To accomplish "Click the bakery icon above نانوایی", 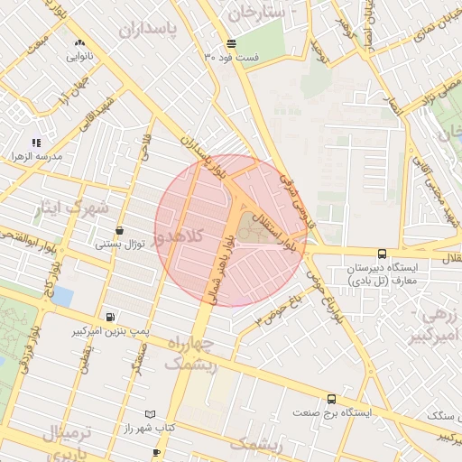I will coord(80,42).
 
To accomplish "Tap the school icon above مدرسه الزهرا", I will coord(37,143).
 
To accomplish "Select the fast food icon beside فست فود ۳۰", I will coord(232,43).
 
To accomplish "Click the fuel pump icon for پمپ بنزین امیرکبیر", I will coord(110,317).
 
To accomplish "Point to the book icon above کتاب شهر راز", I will coord(150,412).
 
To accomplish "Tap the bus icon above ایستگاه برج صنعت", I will coord(331,398).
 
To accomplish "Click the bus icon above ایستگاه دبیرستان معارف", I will coord(382,254).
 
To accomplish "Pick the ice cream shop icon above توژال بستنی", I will coord(120,230).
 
